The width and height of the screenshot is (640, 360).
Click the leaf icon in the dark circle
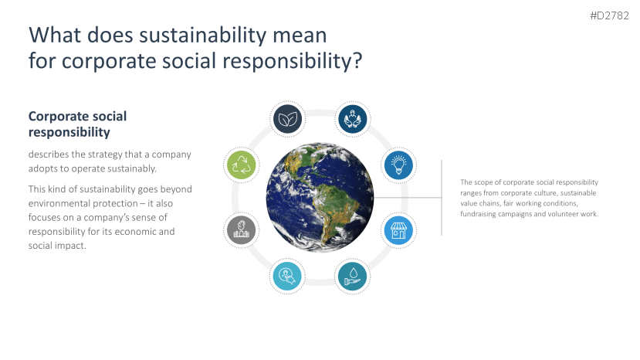[287, 119]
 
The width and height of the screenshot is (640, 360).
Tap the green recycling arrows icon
[241, 165]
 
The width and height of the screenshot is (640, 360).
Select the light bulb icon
[399, 165]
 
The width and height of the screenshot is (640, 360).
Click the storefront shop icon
[399, 230]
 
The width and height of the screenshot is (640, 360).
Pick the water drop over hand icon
[353, 277]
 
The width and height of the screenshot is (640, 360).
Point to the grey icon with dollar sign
[241, 230]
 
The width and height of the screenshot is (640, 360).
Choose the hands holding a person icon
[353, 119]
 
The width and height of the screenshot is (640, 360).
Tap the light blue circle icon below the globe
[287, 277]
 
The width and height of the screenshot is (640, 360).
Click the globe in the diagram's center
[320, 197]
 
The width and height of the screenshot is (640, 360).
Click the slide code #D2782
[609, 15]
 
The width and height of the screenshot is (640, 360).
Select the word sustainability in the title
[203, 36]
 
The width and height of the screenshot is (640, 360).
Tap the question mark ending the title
[357, 60]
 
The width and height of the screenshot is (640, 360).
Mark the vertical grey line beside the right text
[442, 198]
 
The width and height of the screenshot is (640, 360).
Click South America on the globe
[331, 209]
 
